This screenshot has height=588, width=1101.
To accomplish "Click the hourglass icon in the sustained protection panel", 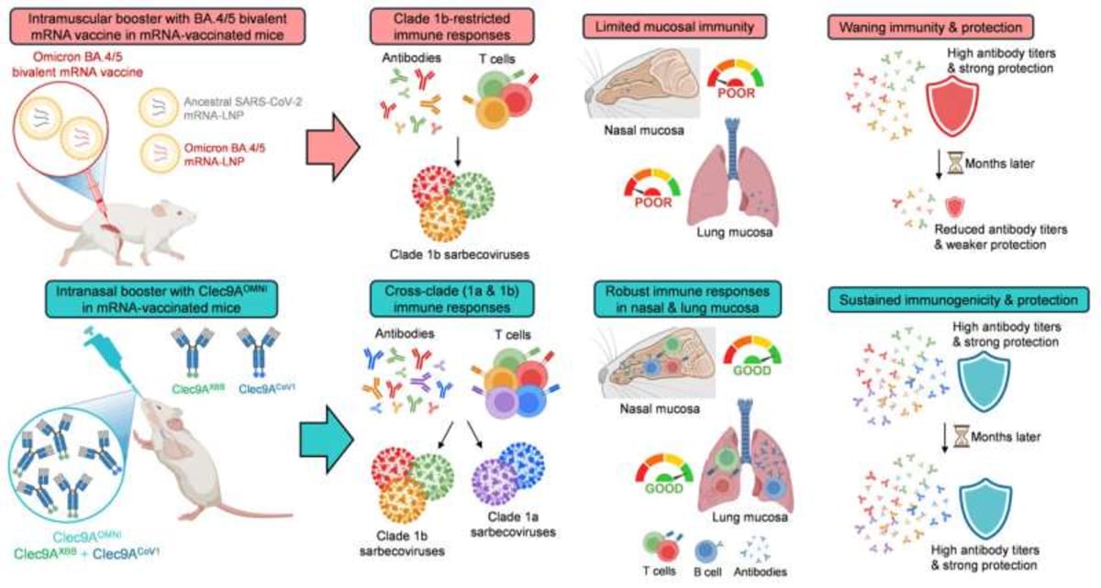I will (961, 429).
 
